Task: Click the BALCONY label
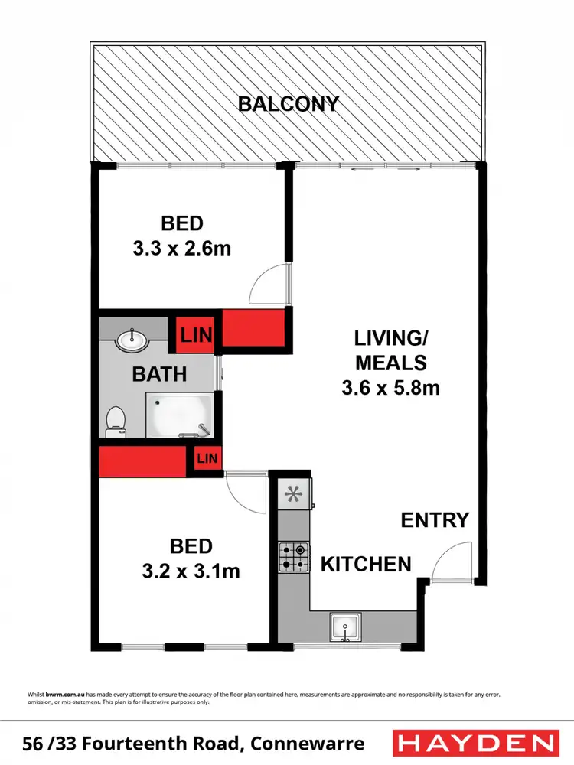288,104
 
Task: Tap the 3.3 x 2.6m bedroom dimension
182,249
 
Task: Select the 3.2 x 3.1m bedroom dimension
191,571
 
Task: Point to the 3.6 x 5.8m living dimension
390,388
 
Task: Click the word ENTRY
435,520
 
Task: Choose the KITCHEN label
366,565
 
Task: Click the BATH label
159,374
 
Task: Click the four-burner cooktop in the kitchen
293,556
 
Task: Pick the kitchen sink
344,627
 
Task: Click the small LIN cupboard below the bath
207,458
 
